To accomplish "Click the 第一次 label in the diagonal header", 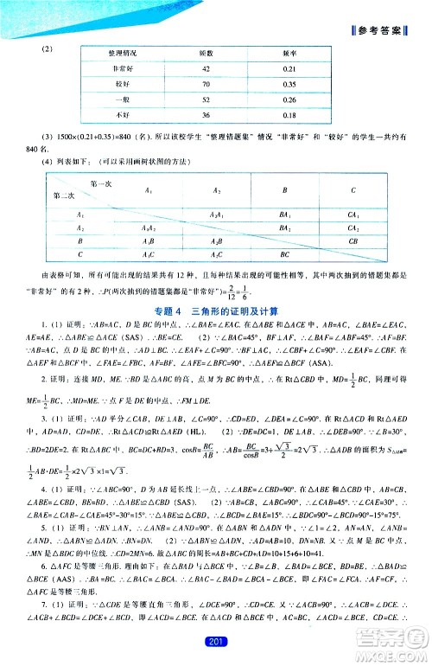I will (x=101, y=185).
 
